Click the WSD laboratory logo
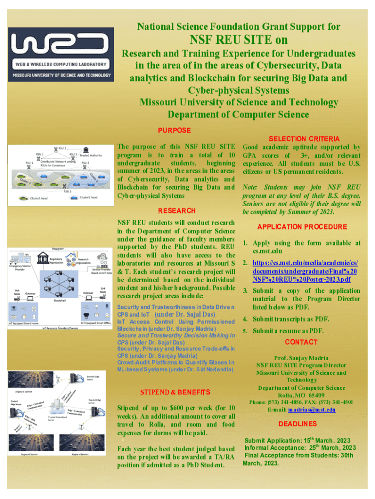(60, 54)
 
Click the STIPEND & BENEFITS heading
(175, 392)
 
